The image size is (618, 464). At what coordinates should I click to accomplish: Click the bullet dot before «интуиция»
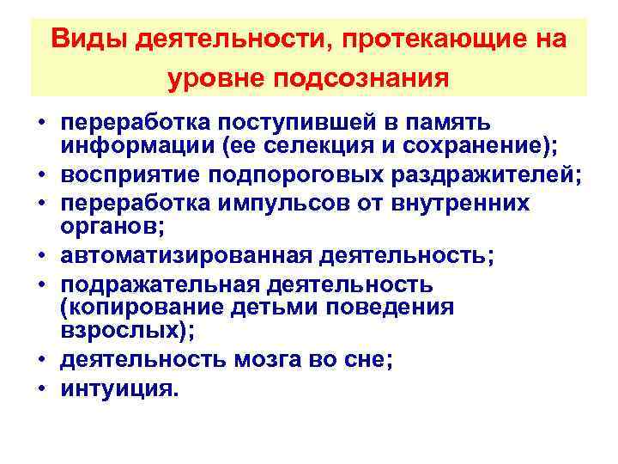pyautogui.click(x=39, y=389)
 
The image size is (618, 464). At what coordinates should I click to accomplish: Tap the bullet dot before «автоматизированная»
pyautogui.click(x=39, y=255)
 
